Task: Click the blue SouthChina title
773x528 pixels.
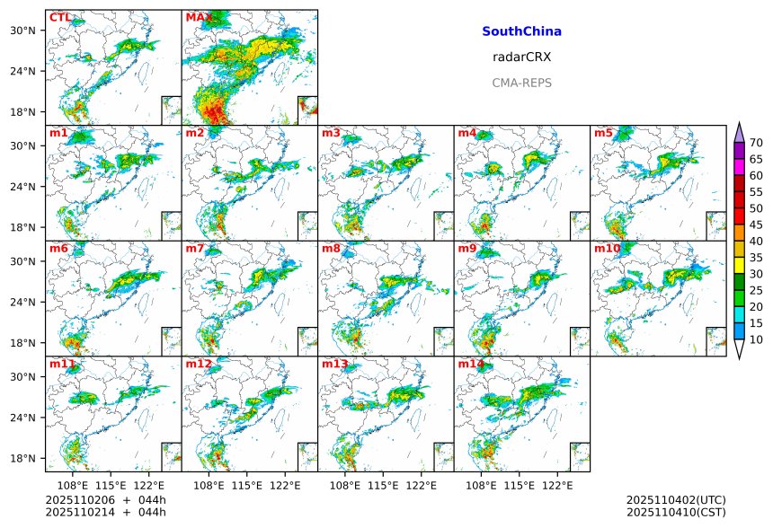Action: coord(521,31)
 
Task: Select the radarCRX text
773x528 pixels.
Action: coord(521,57)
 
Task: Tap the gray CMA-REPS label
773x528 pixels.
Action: coord(521,83)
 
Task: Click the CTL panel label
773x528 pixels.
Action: coord(60,18)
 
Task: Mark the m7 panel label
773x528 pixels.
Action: coord(195,249)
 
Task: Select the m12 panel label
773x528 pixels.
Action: coord(199,365)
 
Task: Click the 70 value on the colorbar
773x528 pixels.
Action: coord(756,143)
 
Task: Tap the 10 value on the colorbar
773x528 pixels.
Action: coord(756,339)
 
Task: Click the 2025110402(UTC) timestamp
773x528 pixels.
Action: coord(676,499)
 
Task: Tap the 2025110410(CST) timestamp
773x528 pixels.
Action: coord(676,512)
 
